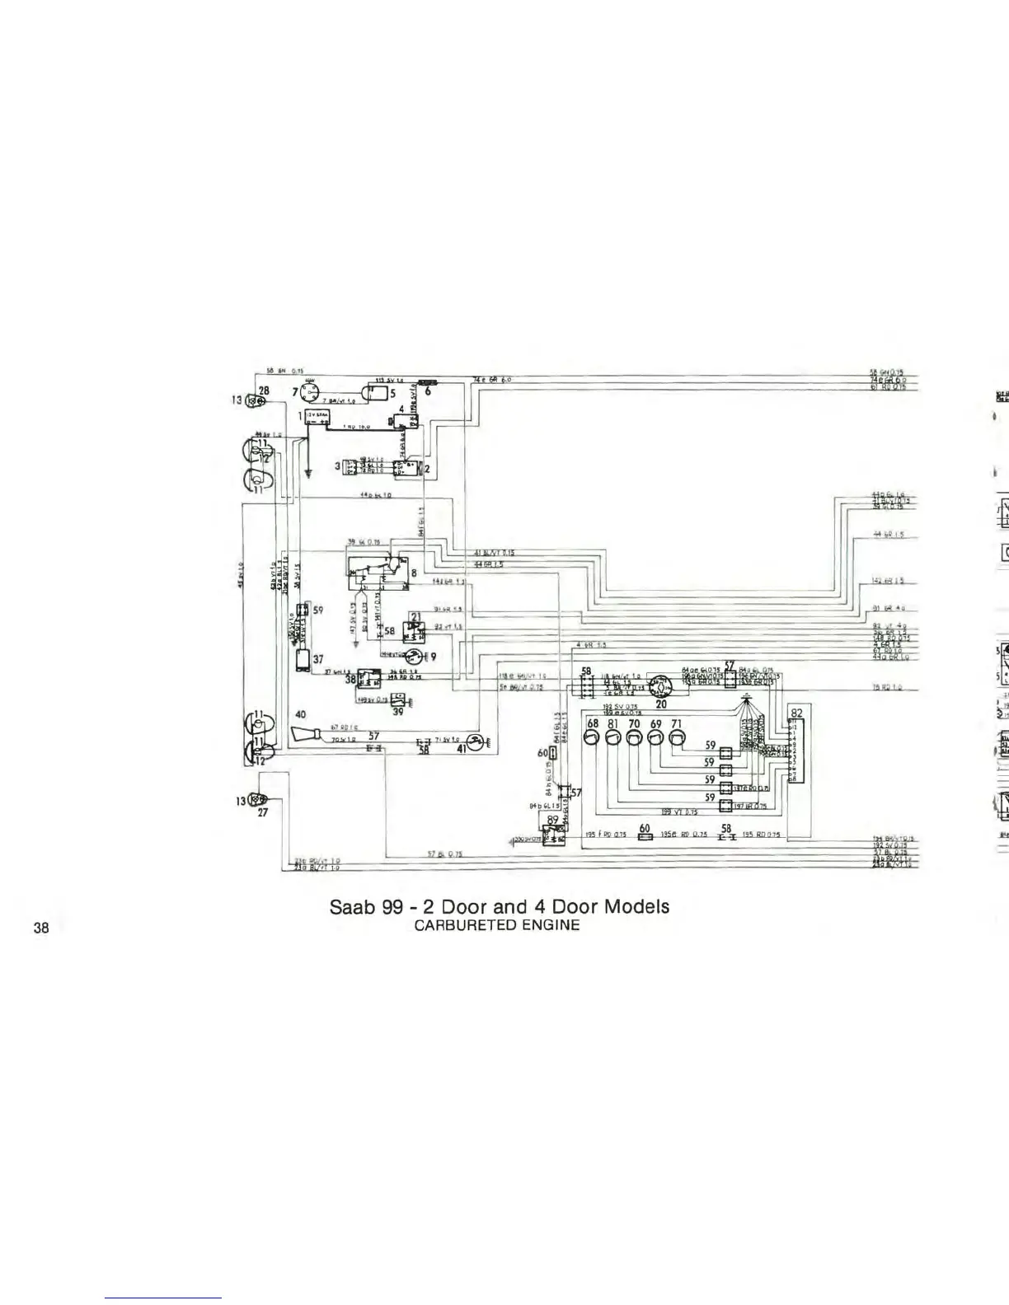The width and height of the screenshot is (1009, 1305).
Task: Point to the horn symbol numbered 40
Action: (307, 735)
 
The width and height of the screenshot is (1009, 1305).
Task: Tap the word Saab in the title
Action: (353, 906)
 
